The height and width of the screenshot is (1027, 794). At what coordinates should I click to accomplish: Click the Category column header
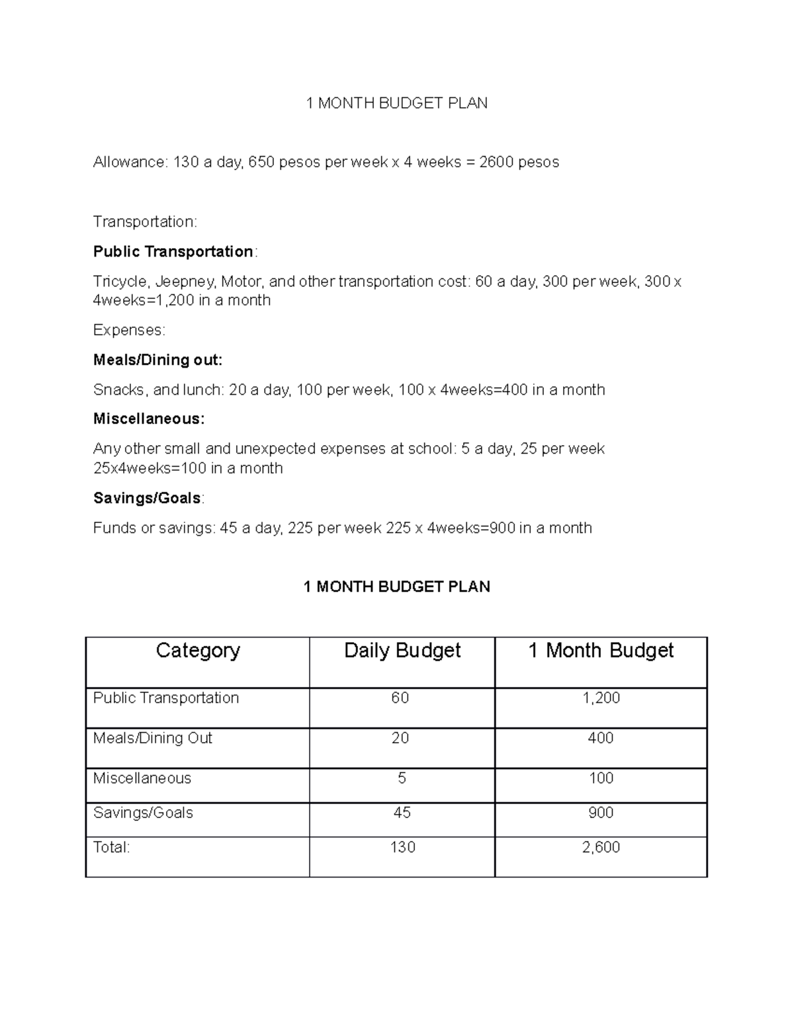tap(198, 651)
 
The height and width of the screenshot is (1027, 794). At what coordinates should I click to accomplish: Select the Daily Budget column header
tap(402, 651)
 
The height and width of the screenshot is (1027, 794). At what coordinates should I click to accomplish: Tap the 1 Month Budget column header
tap(601, 651)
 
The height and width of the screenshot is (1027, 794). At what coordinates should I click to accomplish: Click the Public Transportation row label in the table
tap(166, 698)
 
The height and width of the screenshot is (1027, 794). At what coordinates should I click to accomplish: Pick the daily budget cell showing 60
tap(400, 698)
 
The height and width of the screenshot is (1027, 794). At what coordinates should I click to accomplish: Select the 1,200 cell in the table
tap(601, 698)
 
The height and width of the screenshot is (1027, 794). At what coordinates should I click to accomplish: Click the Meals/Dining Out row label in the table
tap(153, 739)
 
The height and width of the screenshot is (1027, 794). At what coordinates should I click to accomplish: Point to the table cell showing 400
tap(601, 739)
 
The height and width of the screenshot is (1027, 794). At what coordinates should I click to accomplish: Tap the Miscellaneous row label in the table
tap(142, 778)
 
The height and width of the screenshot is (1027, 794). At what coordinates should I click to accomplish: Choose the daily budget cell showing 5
tap(402, 778)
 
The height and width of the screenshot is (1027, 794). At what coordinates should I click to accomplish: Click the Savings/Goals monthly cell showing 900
tap(601, 813)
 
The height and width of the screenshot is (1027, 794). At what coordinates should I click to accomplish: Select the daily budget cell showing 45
tap(402, 813)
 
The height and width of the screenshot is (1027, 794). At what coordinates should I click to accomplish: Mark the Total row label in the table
tap(112, 848)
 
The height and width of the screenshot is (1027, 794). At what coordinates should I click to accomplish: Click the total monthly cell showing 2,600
tap(601, 848)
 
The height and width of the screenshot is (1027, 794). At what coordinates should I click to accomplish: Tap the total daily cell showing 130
tap(402, 848)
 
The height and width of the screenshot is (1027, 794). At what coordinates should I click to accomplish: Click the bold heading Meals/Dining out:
tap(157, 360)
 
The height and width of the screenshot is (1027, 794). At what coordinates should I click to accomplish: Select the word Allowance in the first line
tap(130, 162)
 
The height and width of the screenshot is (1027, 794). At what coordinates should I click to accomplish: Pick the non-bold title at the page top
tap(396, 103)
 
